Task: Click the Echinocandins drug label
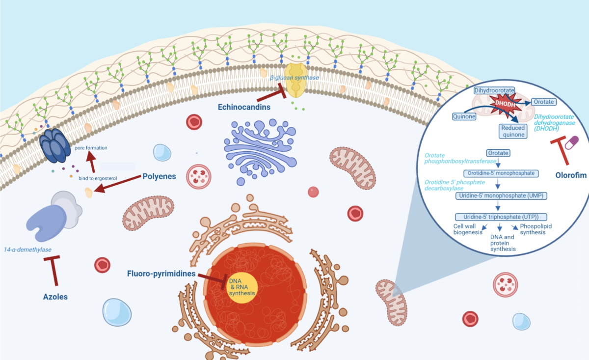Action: tap(244, 107)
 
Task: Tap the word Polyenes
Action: tap(159, 176)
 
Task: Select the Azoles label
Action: tap(55, 297)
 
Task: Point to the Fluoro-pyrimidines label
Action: tap(161, 274)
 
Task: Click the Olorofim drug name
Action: tap(571, 175)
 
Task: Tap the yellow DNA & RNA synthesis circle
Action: tap(241, 288)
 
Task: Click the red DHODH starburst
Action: tap(505, 104)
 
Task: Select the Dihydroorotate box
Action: tap(494, 90)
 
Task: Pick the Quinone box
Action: tap(464, 116)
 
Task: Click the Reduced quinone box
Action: tap(513, 131)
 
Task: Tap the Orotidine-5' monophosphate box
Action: tap(501, 173)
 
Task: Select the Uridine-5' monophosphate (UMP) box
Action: tap(501, 196)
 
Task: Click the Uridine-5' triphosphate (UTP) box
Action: tap(501, 217)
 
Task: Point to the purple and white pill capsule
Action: tap(572, 142)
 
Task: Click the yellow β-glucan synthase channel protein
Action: tap(296, 80)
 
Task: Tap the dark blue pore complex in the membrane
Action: tap(55, 145)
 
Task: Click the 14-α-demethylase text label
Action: tap(27, 249)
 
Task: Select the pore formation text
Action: tap(91, 148)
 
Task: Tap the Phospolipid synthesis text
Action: tap(535, 229)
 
